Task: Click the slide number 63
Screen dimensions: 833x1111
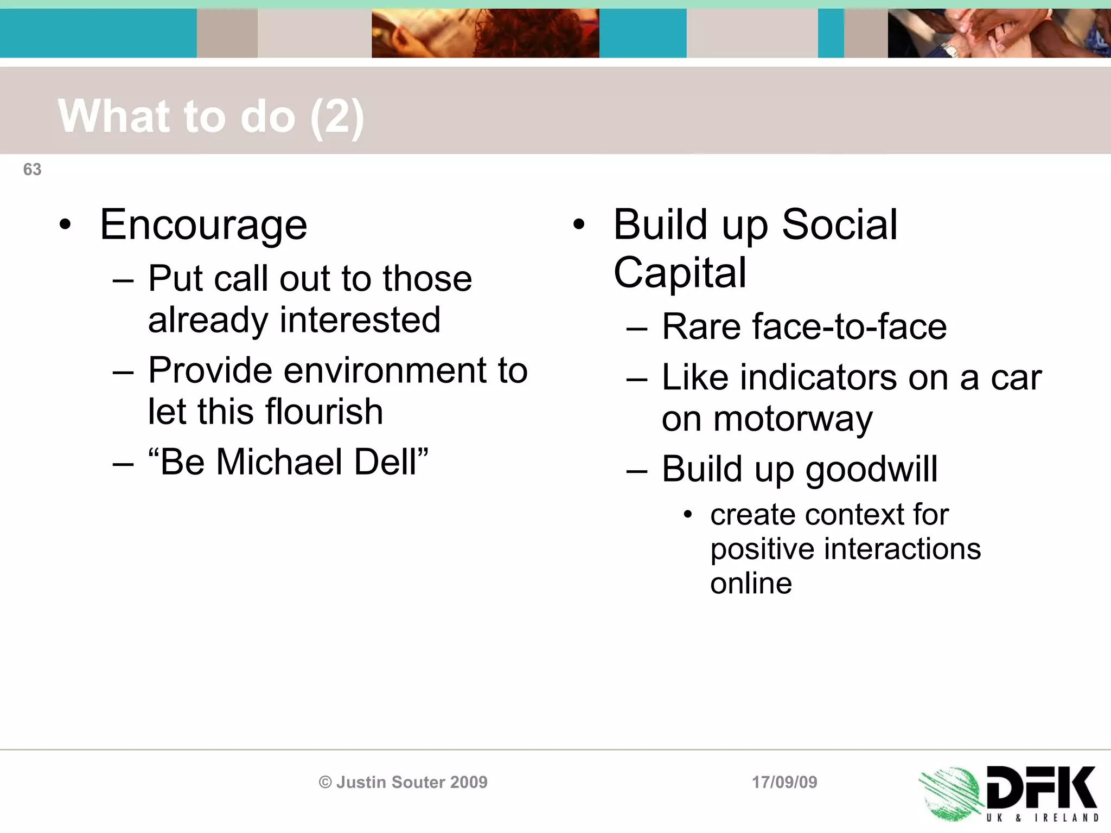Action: [32, 170]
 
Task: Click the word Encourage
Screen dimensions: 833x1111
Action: [203, 225]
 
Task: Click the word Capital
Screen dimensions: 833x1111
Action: [680, 273]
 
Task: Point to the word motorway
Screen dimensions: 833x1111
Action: [767, 419]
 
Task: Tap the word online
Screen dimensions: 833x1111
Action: [751, 584]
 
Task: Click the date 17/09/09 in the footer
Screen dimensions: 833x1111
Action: [784, 782]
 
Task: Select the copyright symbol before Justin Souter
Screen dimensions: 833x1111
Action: [325, 782]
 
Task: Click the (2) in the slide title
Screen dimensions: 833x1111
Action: [337, 117]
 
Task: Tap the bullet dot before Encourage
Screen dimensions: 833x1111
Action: [65, 225]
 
